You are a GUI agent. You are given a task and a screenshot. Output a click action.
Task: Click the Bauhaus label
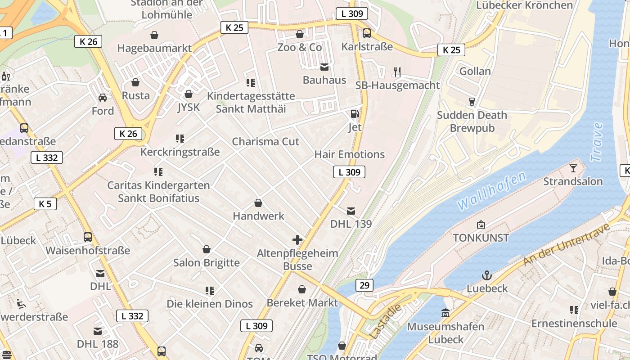click(324, 80)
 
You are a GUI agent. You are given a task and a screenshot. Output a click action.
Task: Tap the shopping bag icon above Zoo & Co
click(300, 34)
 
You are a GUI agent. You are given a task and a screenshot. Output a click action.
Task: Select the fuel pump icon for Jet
click(355, 114)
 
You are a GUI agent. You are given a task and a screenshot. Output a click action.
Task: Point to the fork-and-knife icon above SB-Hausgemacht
click(397, 72)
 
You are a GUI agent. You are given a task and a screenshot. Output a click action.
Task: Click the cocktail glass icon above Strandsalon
click(573, 168)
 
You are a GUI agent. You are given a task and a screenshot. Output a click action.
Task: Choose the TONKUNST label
click(481, 238)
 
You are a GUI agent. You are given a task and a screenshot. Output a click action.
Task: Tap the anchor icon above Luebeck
click(487, 275)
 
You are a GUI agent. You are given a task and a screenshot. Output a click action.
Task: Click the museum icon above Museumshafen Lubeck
click(445, 313)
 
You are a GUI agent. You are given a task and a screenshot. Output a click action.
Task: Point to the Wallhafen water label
click(491, 191)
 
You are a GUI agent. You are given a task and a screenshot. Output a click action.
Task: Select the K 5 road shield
click(45, 204)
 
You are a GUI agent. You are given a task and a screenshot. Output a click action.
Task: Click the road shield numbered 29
click(364, 285)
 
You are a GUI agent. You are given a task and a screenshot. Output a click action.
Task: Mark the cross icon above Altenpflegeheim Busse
click(297, 240)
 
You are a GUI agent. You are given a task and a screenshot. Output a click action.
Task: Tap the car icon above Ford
click(103, 98)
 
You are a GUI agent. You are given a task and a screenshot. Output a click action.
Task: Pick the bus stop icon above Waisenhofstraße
click(88, 237)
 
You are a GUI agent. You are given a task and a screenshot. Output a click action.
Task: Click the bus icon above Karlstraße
click(367, 33)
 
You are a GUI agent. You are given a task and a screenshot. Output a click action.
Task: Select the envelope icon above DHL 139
click(351, 211)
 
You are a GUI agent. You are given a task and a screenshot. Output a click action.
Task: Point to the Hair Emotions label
click(350, 154)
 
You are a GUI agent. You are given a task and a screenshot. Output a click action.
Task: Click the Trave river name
click(597, 142)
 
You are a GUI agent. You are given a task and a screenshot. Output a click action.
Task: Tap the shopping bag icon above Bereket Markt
click(302, 289)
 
